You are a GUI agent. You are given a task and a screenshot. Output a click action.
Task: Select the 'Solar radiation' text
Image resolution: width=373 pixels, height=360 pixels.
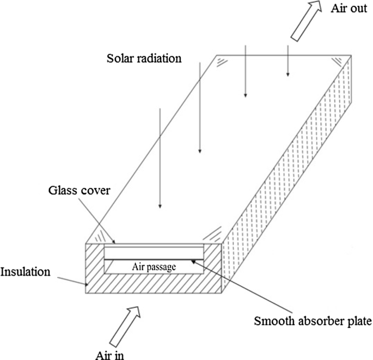pos(144,57)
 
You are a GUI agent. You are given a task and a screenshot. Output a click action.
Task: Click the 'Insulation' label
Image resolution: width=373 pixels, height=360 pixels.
pos(25,271)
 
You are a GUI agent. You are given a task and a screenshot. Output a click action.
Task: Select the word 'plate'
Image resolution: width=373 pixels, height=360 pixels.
pos(359,321)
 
